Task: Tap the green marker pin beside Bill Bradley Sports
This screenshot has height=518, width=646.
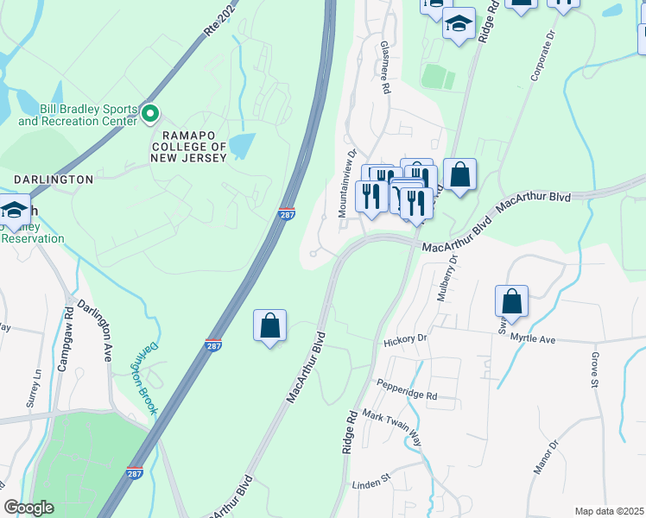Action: tap(150, 112)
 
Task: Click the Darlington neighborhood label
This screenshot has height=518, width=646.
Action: tap(54, 180)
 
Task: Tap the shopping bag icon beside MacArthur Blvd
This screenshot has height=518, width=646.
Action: tap(270, 326)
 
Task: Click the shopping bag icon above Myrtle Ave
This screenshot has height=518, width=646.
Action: tap(511, 302)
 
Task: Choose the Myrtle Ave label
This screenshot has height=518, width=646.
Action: tap(533, 339)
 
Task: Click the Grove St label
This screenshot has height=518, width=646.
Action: tap(595, 370)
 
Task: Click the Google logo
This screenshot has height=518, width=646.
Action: tap(28, 508)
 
